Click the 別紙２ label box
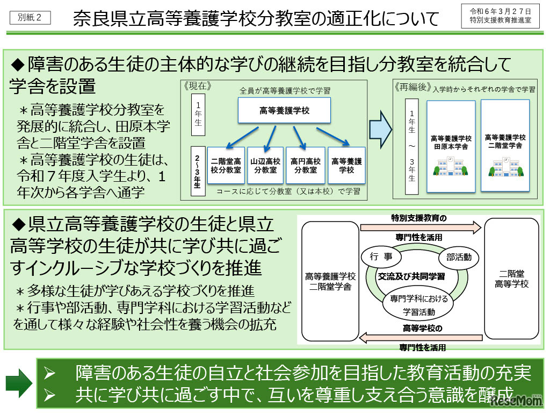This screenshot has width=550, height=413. coord(30,17)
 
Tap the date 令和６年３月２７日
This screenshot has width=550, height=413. coord(501,11)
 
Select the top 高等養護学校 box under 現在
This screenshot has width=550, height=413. coord(284,111)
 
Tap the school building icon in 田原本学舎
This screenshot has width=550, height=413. coord(451,167)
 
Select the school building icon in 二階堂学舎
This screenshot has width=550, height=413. coord(505,167)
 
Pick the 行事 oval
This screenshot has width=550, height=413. coord(381,257)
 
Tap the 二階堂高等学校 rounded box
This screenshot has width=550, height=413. coord(511,279)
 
